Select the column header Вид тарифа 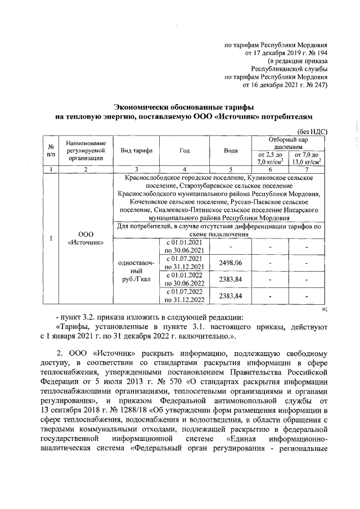click(133, 151)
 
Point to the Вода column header click(231, 151)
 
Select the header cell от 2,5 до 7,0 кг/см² click(269, 159)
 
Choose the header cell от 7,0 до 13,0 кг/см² click(307, 159)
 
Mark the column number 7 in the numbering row click(307, 169)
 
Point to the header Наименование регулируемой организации click(86, 151)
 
